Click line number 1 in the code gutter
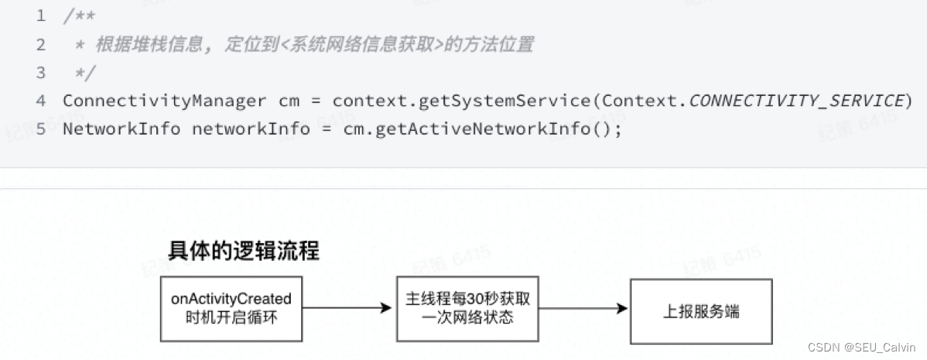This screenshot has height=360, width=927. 41,15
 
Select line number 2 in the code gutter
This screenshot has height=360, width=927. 41,44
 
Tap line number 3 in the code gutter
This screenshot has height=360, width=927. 41,72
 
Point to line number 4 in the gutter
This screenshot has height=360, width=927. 41,100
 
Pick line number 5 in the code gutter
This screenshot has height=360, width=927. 41,128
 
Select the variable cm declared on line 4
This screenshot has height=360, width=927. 287,100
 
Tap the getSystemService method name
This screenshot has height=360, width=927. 511,100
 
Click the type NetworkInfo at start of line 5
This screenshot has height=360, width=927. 121,128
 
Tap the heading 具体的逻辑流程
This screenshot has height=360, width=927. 243,251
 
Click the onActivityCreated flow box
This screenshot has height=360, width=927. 231,308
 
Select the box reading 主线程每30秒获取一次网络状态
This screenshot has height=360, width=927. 467,308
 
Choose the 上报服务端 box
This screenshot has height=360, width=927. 700,310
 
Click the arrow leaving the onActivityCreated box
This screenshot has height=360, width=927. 347,308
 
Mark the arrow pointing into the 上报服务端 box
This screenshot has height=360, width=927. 583,308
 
